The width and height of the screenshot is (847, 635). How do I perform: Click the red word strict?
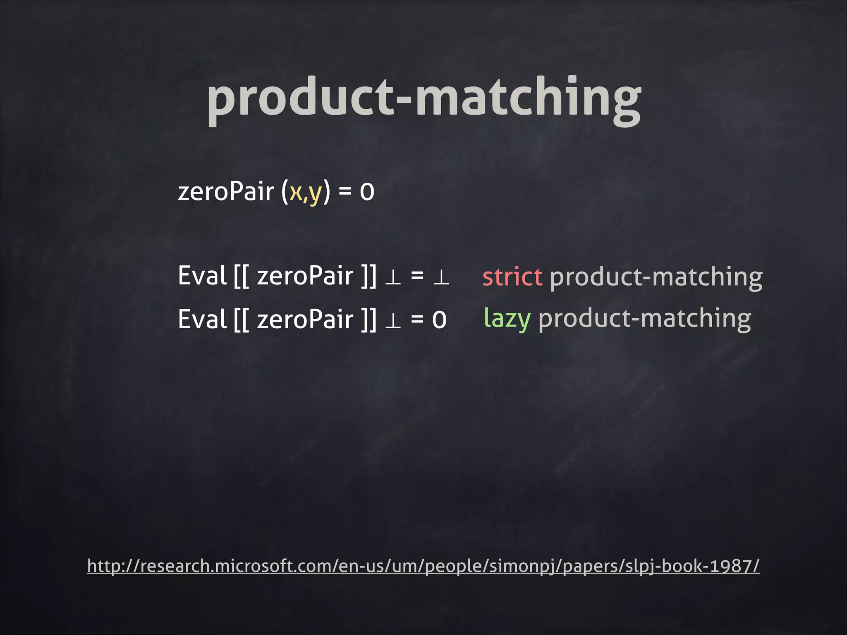click(512, 277)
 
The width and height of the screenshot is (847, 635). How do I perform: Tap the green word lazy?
click(507, 319)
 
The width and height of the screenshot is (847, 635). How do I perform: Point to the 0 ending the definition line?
click(367, 192)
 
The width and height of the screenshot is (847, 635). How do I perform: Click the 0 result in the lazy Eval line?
click(439, 320)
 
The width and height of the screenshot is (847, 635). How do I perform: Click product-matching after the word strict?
click(656, 277)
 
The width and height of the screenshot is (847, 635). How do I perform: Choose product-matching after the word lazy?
click(644, 319)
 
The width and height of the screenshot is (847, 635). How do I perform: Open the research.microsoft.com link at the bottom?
click(423, 566)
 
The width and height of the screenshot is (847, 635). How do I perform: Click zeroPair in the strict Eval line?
click(305, 276)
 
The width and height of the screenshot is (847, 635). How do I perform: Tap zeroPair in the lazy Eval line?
click(305, 319)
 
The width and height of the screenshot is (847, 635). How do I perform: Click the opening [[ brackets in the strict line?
click(241, 276)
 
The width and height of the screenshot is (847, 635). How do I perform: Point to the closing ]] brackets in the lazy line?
click(368, 319)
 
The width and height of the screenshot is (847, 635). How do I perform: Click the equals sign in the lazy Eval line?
click(417, 319)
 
